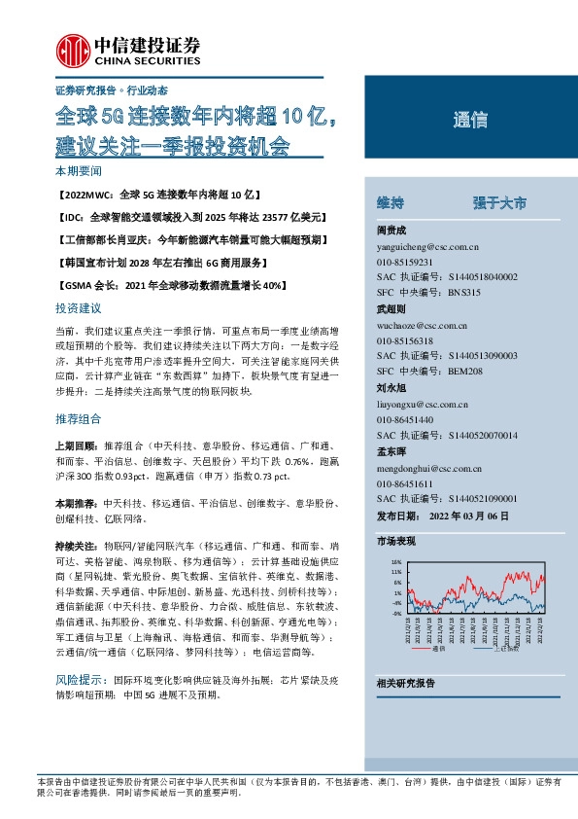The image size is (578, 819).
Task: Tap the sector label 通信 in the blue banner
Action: pyautogui.click(x=469, y=122)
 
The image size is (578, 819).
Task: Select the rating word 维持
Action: pyautogui.click(x=391, y=202)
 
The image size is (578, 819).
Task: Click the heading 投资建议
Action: pyautogui.click(x=78, y=307)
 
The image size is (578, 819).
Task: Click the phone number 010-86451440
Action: pyautogui.click(x=404, y=418)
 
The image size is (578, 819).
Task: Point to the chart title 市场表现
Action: pyautogui.click(x=395, y=541)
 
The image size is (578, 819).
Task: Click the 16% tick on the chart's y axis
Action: pyautogui.click(x=396, y=562)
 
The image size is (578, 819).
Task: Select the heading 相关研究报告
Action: pyautogui.click(x=405, y=684)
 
